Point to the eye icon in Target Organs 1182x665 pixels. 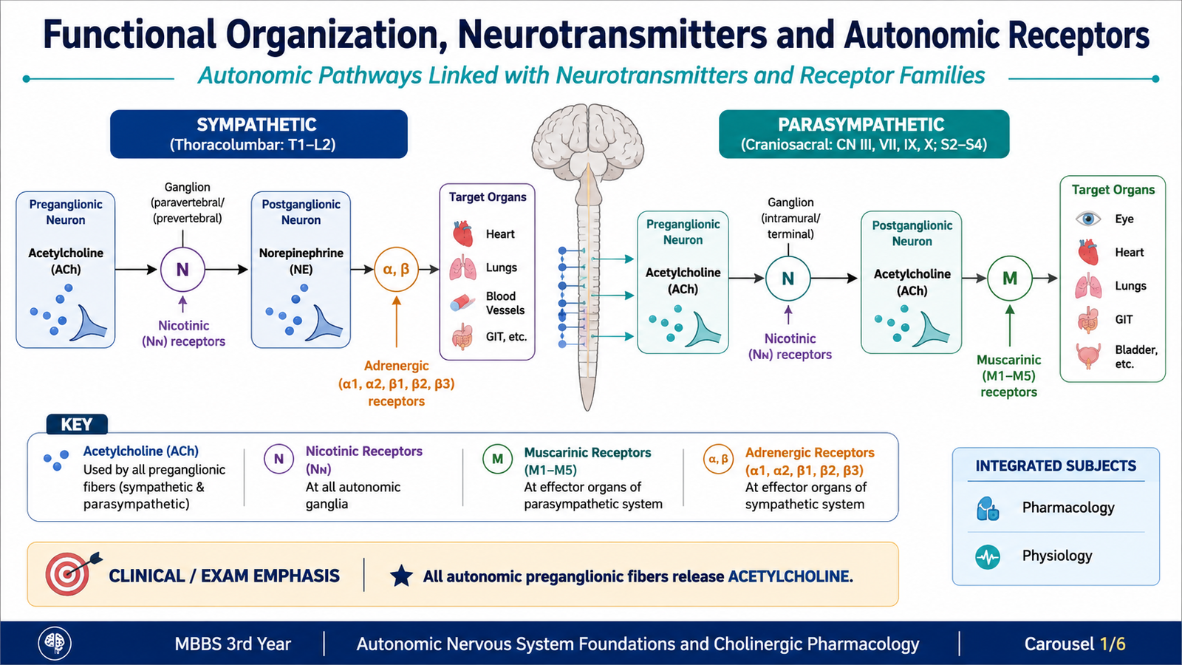(1088, 219)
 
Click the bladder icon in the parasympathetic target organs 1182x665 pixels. (1088, 355)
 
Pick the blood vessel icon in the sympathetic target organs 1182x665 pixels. (462, 303)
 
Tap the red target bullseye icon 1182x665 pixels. (67, 575)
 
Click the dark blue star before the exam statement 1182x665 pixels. (401, 576)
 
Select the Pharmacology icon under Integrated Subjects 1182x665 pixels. (987, 509)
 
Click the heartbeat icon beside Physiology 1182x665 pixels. (987, 557)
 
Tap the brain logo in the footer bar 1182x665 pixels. (55, 644)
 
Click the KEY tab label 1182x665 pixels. (77, 424)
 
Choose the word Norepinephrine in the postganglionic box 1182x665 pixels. (301, 253)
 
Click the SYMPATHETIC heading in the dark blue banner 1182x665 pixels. (256, 125)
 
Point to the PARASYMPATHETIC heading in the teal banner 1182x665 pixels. (861, 125)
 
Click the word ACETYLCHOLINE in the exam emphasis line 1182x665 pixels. (790, 576)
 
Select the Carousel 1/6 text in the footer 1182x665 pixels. (1075, 644)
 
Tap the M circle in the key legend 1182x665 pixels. (498, 459)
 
